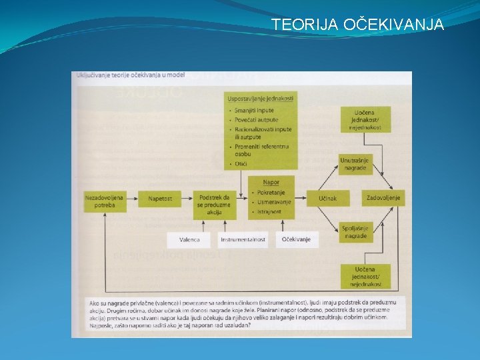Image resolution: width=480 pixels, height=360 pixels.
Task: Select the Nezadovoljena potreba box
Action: click(105, 202)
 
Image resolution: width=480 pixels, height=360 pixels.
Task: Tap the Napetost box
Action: click(160, 199)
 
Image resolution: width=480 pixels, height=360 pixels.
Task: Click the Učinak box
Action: click(327, 199)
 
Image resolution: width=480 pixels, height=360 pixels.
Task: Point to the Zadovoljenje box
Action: click(383, 198)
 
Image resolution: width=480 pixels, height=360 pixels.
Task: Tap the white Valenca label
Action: click(190, 239)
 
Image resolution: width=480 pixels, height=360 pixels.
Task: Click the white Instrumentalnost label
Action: click(243, 239)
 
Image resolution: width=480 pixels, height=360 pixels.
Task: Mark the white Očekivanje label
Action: click(295, 239)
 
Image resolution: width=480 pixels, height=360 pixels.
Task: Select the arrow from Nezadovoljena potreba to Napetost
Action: click(132, 199)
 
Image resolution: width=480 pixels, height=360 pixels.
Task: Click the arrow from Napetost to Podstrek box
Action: click(185, 199)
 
